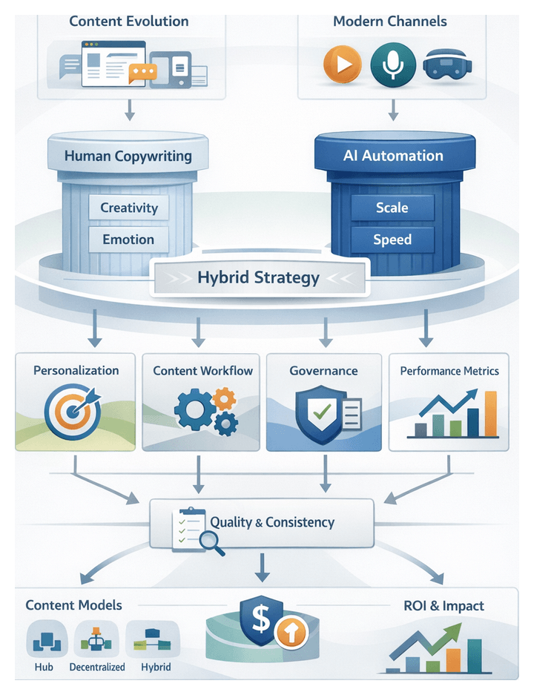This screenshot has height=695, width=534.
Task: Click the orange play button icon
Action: click(342, 64)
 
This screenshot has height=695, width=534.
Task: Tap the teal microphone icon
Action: click(389, 64)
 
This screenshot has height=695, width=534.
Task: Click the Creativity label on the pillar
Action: click(129, 208)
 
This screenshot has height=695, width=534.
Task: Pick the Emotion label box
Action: click(128, 240)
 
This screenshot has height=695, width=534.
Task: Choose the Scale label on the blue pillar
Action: click(392, 208)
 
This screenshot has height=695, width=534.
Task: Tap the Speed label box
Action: click(392, 240)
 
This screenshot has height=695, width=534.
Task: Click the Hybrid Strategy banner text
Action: click(258, 278)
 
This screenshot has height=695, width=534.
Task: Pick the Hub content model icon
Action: click(44, 638)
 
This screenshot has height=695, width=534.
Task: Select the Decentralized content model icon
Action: click(96, 638)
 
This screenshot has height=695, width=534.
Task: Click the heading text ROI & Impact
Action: click(444, 606)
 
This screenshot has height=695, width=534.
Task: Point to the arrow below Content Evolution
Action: click(129, 109)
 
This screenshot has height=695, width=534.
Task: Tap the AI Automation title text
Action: click(393, 157)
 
